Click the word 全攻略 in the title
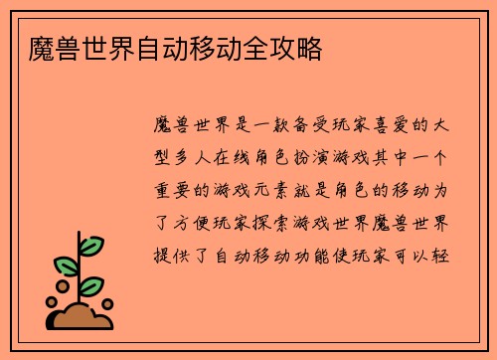291,48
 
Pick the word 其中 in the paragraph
387,158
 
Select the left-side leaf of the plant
65,267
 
